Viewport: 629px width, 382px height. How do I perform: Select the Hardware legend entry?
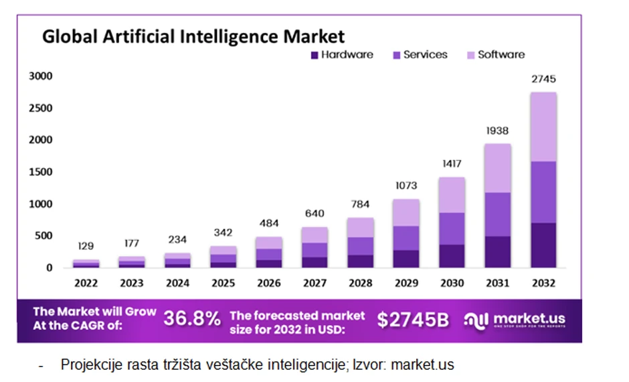pyautogui.click(x=341, y=55)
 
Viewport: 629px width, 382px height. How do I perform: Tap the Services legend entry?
pyautogui.click(x=420, y=55)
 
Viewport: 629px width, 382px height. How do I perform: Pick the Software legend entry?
pyautogui.click(x=495, y=55)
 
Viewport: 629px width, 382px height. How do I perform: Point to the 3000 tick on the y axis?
pyautogui.click(x=40, y=76)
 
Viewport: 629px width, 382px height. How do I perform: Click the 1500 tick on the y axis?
pyautogui.click(x=40, y=172)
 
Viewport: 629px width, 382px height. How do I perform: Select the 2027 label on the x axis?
pyautogui.click(x=314, y=283)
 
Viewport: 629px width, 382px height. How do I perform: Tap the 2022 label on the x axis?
pyautogui.click(x=86, y=283)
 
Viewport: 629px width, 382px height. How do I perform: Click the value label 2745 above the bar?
pyautogui.click(x=543, y=79)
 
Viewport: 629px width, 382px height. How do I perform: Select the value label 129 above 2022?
pyautogui.click(x=86, y=246)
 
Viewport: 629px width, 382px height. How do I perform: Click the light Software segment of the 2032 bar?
pyautogui.click(x=543, y=127)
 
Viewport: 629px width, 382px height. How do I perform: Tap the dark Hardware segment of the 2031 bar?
pyautogui.click(x=498, y=252)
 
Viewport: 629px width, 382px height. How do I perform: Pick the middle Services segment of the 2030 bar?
pyautogui.click(x=452, y=229)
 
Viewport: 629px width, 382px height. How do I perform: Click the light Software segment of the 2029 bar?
pyautogui.click(x=406, y=212)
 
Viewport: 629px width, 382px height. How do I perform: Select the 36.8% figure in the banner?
pyautogui.click(x=192, y=320)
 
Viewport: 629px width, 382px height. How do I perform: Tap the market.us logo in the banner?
pyautogui.click(x=515, y=320)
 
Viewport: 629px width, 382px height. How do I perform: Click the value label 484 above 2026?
pyautogui.click(x=268, y=223)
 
